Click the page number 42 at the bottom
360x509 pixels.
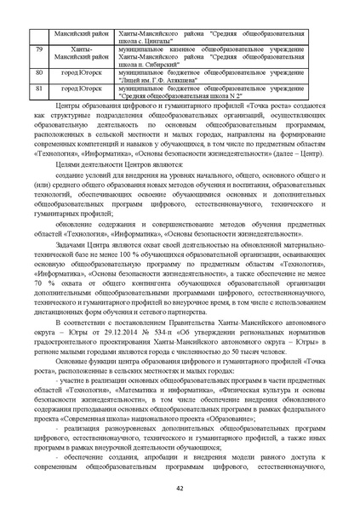coord(180,488)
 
